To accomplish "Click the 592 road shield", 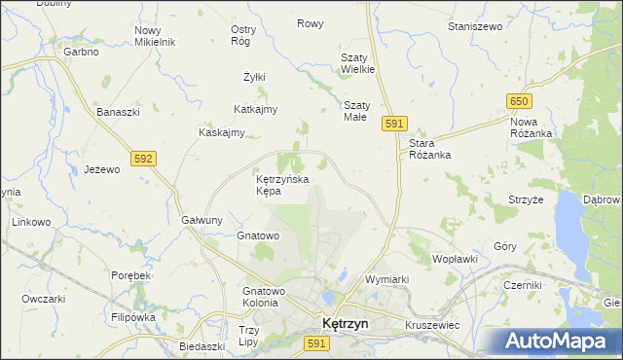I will coord(143,158).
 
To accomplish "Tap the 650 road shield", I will coord(519,101).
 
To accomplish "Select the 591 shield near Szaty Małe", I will coord(393,124).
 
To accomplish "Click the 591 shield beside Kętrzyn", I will coord(314,343).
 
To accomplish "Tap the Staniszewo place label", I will coord(474,26).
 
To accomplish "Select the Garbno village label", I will coord(82,51).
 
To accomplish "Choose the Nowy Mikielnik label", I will coord(154,36).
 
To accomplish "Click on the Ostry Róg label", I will coord(242,35).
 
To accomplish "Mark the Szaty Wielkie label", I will coord(357,63).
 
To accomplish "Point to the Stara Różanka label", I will coord(427,148).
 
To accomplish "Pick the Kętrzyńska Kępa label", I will coord(281,185).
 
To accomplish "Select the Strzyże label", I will coord(526,198).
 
